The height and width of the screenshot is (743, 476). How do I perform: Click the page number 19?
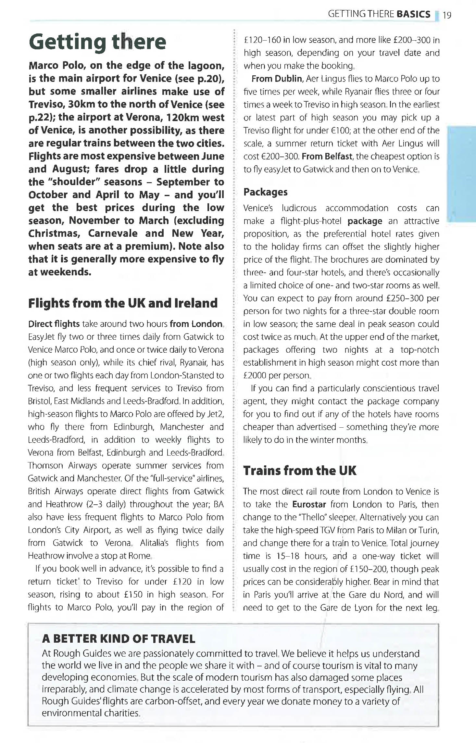(x=447, y=15)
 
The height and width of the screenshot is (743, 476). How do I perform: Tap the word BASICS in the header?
(x=413, y=14)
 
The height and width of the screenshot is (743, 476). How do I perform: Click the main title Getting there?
(x=97, y=42)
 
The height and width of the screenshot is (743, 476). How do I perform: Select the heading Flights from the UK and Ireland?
(x=123, y=303)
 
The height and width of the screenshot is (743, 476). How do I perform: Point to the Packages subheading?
(x=265, y=192)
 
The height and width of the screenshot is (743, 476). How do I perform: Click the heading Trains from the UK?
(x=300, y=471)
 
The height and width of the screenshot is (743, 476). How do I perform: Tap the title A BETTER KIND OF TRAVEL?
(x=119, y=639)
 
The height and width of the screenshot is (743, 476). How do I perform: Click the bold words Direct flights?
(x=54, y=324)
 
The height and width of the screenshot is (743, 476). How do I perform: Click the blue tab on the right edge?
(x=461, y=174)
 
